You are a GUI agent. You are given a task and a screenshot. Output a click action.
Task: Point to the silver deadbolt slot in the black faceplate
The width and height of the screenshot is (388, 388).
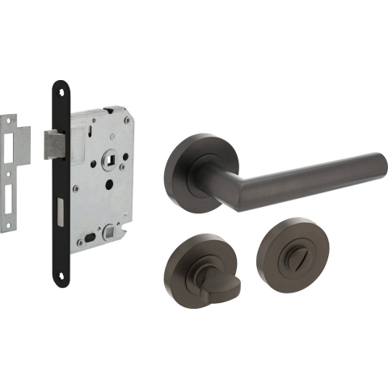(x=61, y=212)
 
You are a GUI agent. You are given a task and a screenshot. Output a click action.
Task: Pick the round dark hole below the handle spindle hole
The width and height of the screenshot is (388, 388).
(x=108, y=184)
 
